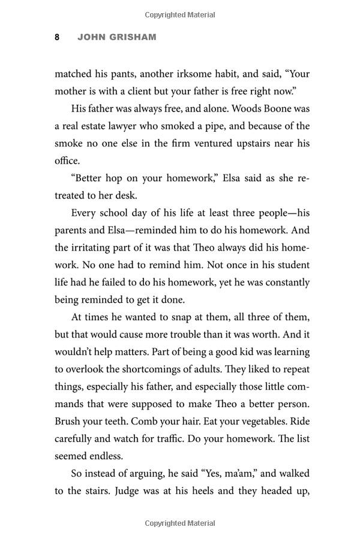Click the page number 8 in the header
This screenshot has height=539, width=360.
[57, 37]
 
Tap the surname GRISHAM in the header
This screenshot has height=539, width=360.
[133, 37]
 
